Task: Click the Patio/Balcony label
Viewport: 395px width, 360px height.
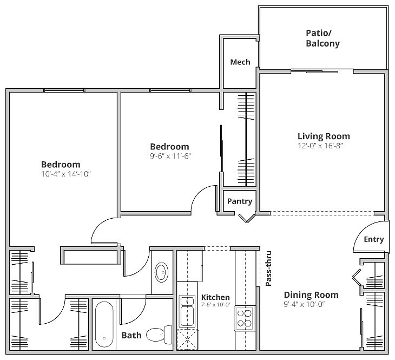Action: click(322, 38)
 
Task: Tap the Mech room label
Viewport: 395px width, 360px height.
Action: click(240, 62)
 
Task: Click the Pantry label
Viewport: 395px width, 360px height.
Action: click(240, 201)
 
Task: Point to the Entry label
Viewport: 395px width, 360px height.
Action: click(373, 239)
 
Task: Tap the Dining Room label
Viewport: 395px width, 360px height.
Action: click(311, 295)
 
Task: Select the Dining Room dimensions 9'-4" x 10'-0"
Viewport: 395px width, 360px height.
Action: click(311, 304)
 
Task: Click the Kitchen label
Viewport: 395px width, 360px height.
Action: click(215, 297)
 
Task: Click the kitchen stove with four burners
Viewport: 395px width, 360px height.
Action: click(245, 318)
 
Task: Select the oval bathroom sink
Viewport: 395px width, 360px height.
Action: click(162, 272)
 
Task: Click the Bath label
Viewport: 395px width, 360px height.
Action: click(131, 336)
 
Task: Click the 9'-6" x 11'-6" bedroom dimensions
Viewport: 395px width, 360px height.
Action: click(170, 156)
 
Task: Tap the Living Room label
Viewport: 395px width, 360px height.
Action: click(324, 136)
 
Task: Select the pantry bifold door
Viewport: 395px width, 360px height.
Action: click(247, 218)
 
